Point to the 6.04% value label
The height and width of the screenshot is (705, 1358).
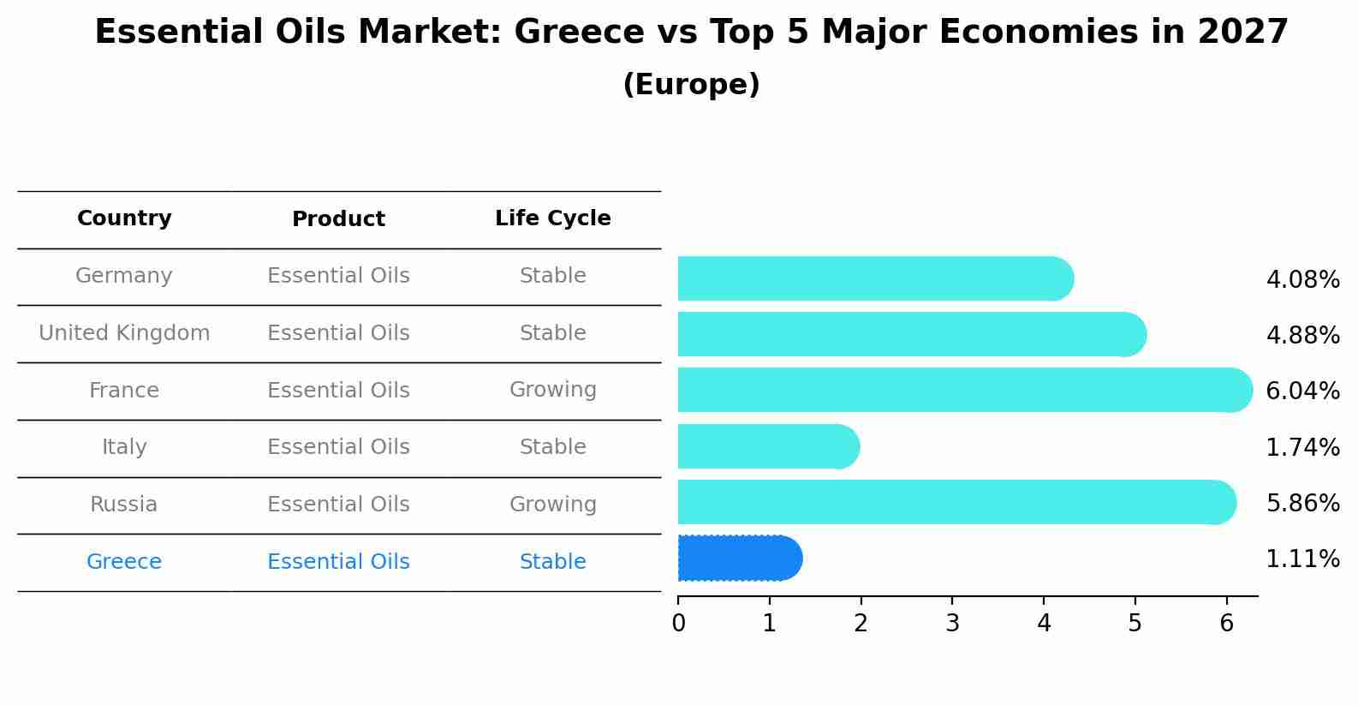[x=1302, y=391]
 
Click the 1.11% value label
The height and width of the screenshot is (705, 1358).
[x=1302, y=559]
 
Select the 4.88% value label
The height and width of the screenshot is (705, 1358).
[x=1302, y=335]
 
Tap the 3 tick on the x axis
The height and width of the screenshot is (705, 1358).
[x=952, y=623]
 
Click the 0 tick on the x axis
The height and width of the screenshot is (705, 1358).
[x=678, y=623]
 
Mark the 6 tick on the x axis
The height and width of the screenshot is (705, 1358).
[x=1226, y=623]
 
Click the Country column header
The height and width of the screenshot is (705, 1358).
[x=124, y=218]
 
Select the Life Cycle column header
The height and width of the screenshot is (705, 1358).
[x=552, y=218]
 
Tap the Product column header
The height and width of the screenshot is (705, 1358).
[x=338, y=219]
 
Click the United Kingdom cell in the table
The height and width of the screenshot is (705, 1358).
[x=124, y=333]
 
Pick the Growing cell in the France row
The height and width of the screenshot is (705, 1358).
[x=552, y=390]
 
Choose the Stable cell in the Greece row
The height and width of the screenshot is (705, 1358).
[x=552, y=562]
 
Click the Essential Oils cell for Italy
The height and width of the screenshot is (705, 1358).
[x=338, y=447]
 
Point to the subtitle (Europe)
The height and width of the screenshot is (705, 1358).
[x=691, y=85]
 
